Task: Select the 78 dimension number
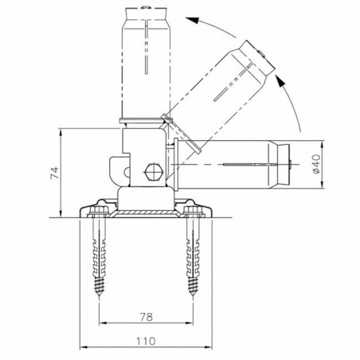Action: coord(145,316)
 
